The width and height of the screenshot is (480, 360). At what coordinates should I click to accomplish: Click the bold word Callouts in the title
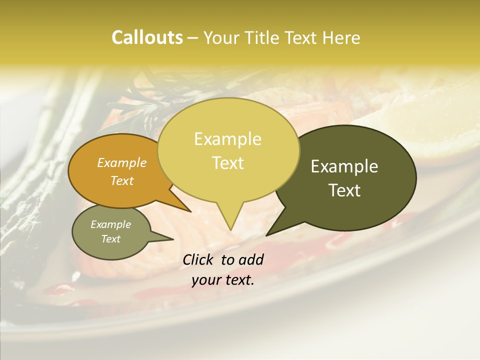click(x=147, y=37)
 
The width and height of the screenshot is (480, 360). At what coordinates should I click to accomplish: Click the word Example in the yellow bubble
click(x=227, y=139)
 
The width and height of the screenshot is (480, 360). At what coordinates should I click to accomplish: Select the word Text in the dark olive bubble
click(x=345, y=190)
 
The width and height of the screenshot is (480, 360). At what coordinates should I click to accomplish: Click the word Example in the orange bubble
click(x=121, y=162)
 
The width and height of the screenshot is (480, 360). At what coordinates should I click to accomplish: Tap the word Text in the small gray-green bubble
click(x=111, y=239)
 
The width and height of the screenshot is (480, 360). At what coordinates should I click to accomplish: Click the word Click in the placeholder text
click(x=199, y=259)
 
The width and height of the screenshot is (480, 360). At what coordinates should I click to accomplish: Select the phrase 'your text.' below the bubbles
click(x=223, y=280)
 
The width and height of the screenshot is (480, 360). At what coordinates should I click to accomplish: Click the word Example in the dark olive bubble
click(x=344, y=166)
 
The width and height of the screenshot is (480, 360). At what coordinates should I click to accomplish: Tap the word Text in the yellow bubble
click(x=228, y=163)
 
